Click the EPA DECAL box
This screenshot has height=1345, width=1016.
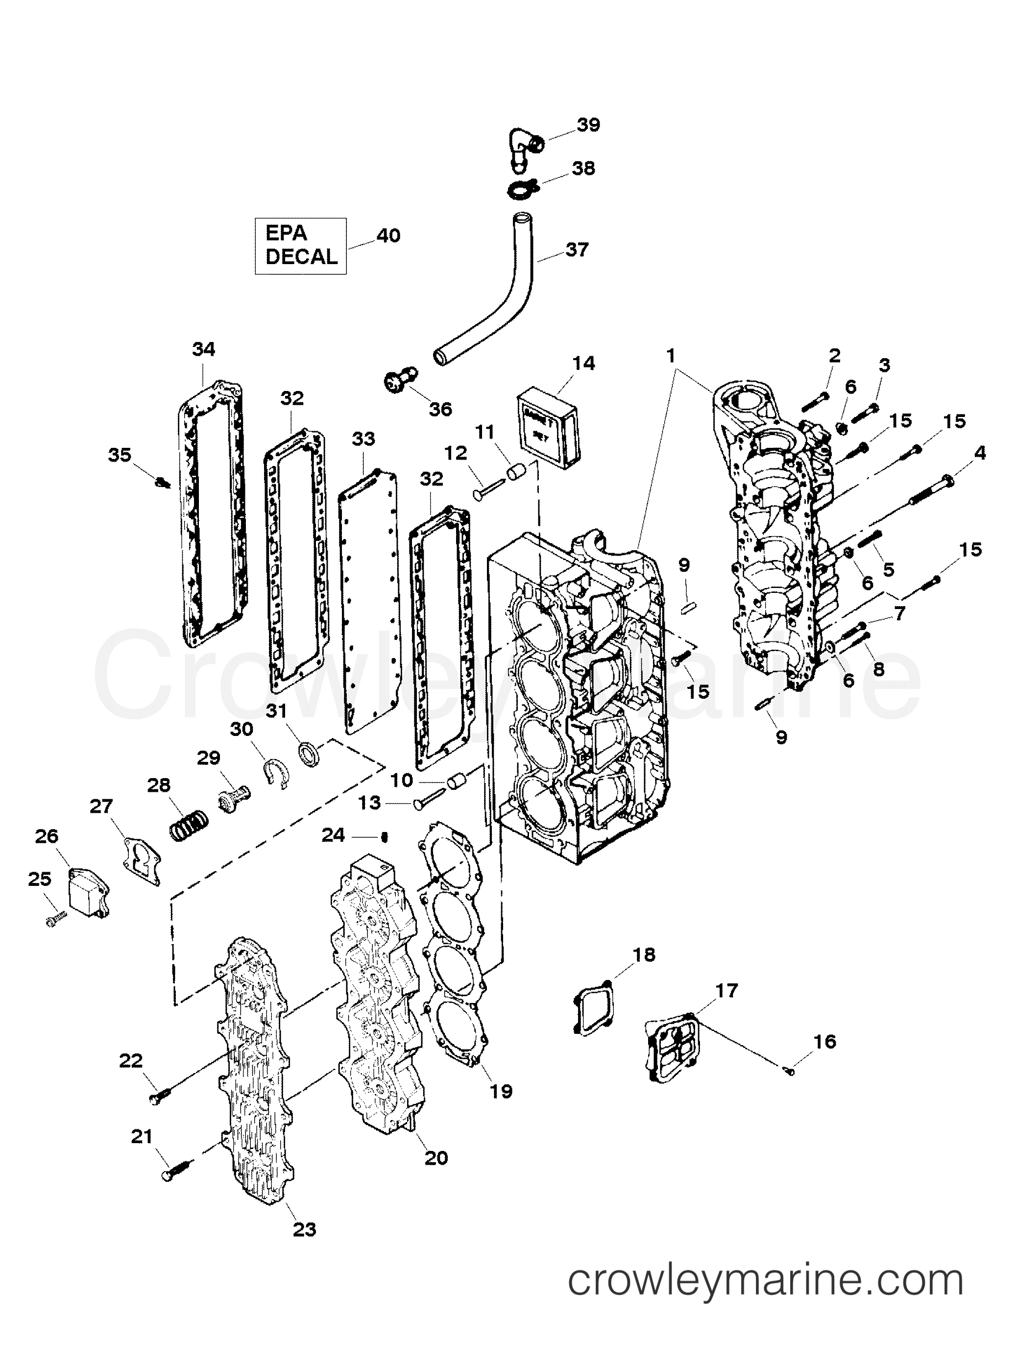[300, 245]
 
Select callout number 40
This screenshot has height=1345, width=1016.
[388, 235]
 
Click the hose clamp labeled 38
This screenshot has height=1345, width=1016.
[520, 190]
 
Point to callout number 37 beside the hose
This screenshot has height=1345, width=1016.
[577, 249]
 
